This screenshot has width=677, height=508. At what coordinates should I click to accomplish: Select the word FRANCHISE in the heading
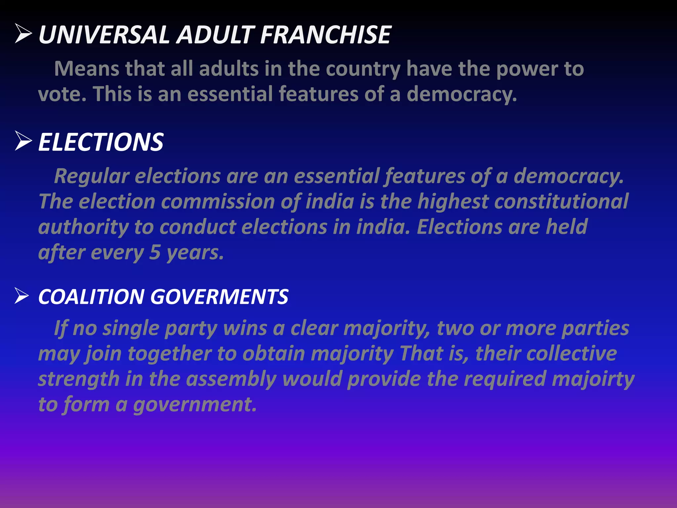point(326,35)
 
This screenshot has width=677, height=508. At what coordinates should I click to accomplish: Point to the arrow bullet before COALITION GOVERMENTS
point(22,296)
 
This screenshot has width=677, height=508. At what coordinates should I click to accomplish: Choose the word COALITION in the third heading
point(91,297)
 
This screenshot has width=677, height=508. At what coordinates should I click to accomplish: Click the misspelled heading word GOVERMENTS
point(219,297)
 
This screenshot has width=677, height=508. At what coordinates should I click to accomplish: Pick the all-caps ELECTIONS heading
point(101,142)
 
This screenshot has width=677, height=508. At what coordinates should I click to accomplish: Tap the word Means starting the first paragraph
point(87,69)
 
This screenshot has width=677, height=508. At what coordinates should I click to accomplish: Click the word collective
point(572,354)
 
